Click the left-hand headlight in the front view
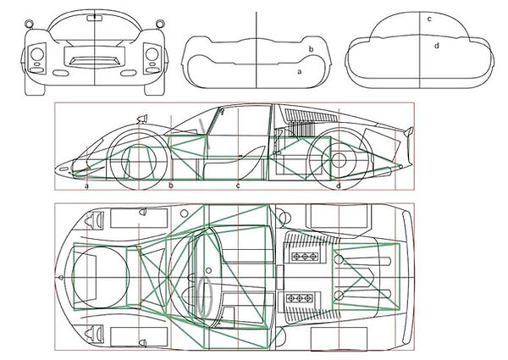click(x=37, y=54)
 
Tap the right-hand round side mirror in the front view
click(x=160, y=24)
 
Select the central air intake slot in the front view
click(x=94, y=61)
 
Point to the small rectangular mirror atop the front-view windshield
click(x=94, y=18)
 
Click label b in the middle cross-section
click(x=311, y=49)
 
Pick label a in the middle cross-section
click(x=300, y=72)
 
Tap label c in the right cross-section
click(x=429, y=19)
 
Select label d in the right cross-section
click(x=437, y=46)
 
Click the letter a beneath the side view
click(x=86, y=186)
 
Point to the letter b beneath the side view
click(x=171, y=186)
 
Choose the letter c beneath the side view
click(x=238, y=186)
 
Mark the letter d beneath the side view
click(x=339, y=186)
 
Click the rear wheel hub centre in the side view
click(x=339, y=160)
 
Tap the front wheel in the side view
click(x=139, y=160)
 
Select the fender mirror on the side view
click(x=142, y=119)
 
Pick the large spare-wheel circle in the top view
click(x=101, y=276)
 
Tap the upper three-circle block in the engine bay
click(x=305, y=257)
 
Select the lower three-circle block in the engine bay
click(x=300, y=297)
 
